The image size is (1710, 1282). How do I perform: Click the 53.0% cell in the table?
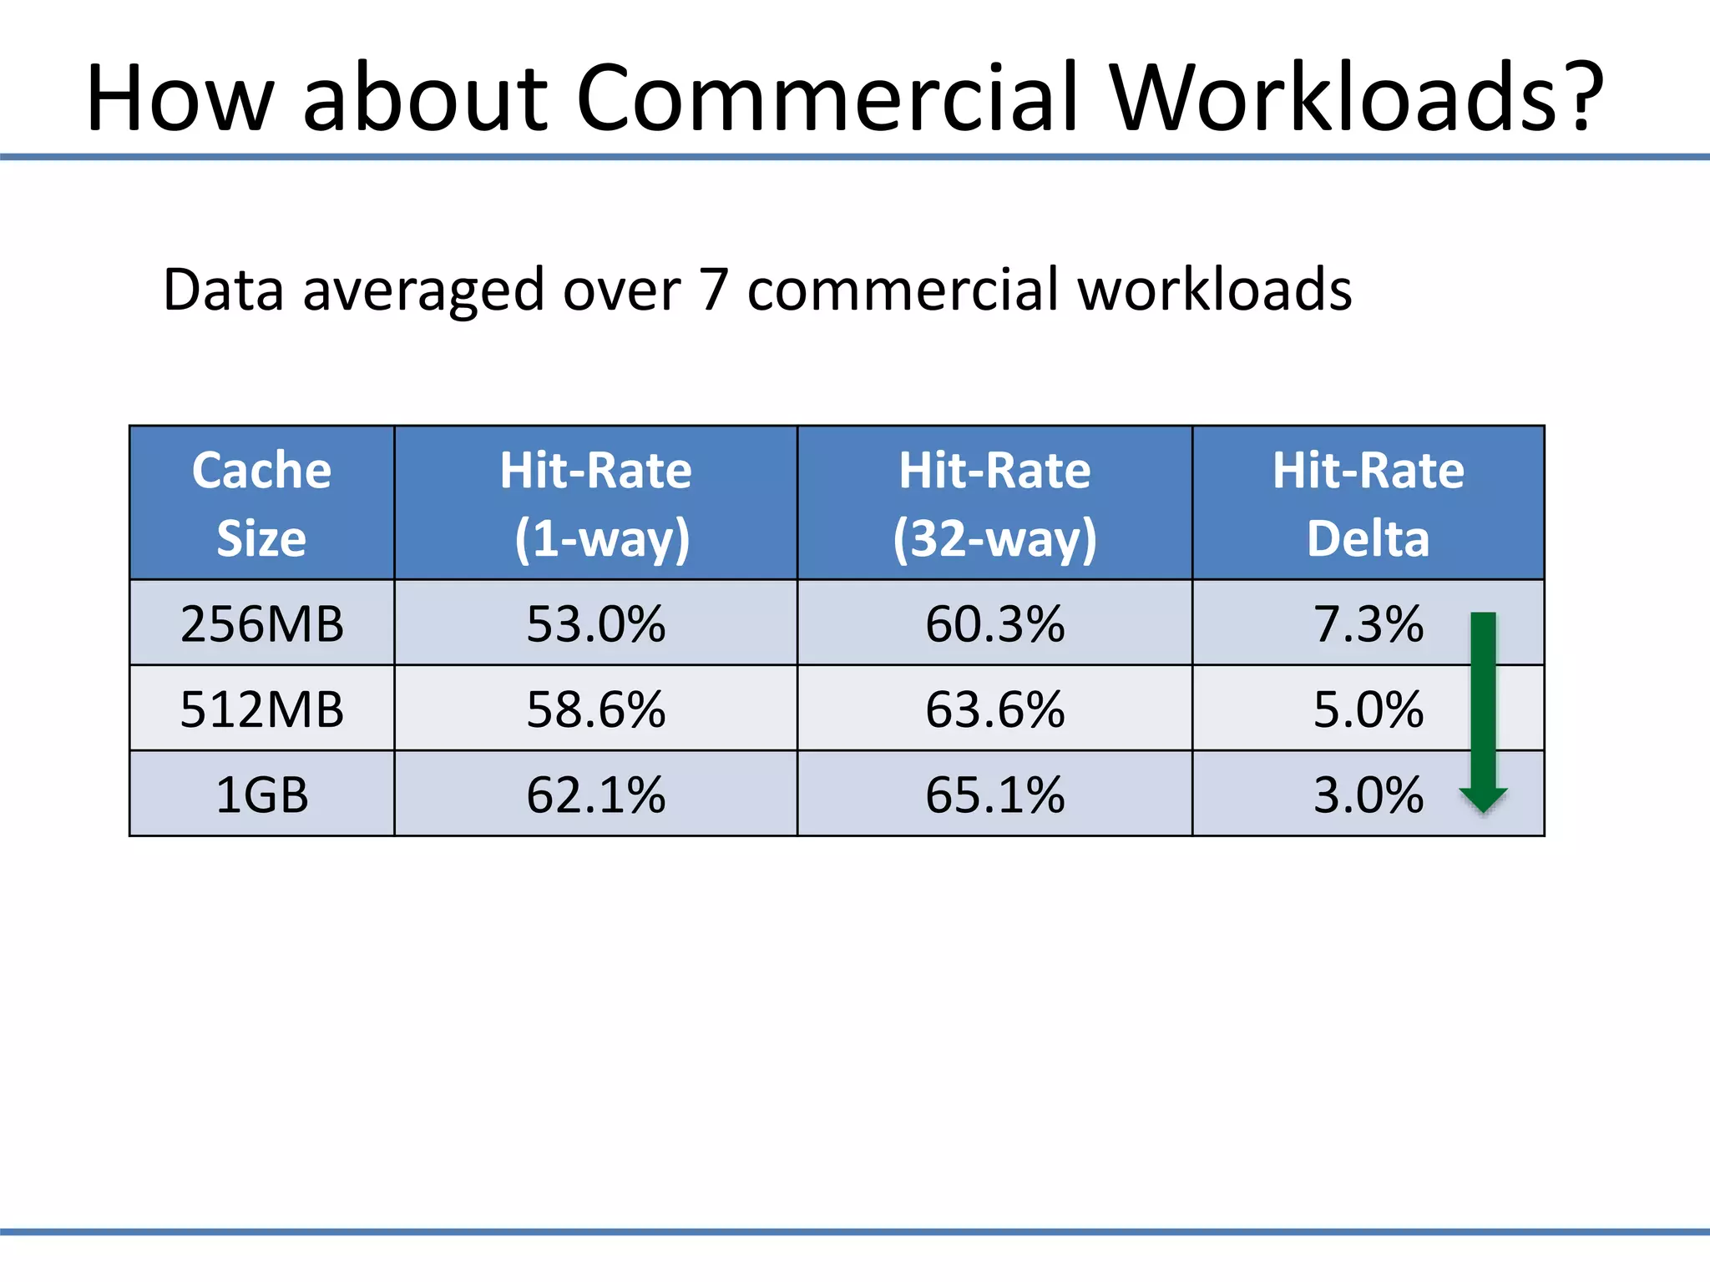pyautogui.click(x=595, y=623)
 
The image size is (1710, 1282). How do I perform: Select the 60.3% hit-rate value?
pyautogui.click(x=994, y=623)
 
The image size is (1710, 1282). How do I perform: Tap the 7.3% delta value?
pyautogui.click(x=1368, y=623)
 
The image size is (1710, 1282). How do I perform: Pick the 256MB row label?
pyautogui.click(x=261, y=623)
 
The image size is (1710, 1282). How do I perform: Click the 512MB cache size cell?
pyautogui.click(x=261, y=709)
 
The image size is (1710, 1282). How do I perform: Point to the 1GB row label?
pyautogui.click(x=261, y=795)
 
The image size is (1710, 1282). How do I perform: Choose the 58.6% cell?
pyautogui.click(x=595, y=709)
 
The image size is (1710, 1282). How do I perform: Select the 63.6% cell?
pyautogui.click(x=994, y=709)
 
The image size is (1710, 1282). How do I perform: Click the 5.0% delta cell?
pyautogui.click(x=1368, y=709)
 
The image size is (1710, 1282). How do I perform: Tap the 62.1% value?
pyautogui.click(x=595, y=795)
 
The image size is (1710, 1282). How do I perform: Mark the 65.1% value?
pyautogui.click(x=994, y=795)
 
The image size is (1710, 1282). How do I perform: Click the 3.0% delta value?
pyautogui.click(x=1368, y=795)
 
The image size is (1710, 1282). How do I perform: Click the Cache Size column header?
pyautogui.click(x=261, y=503)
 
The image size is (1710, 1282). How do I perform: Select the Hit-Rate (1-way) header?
pyautogui.click(x=595, y=503)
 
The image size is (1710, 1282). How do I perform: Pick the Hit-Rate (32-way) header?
pyautogui.click(x=994, y=503)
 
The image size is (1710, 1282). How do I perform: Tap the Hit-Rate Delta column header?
pyautogui.click(x=1368, y=503)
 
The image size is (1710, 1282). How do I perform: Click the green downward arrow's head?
pyautogui.click(x=1483, y=799)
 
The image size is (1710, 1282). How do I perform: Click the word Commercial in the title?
pyautogui.click(x=826, y=98)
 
